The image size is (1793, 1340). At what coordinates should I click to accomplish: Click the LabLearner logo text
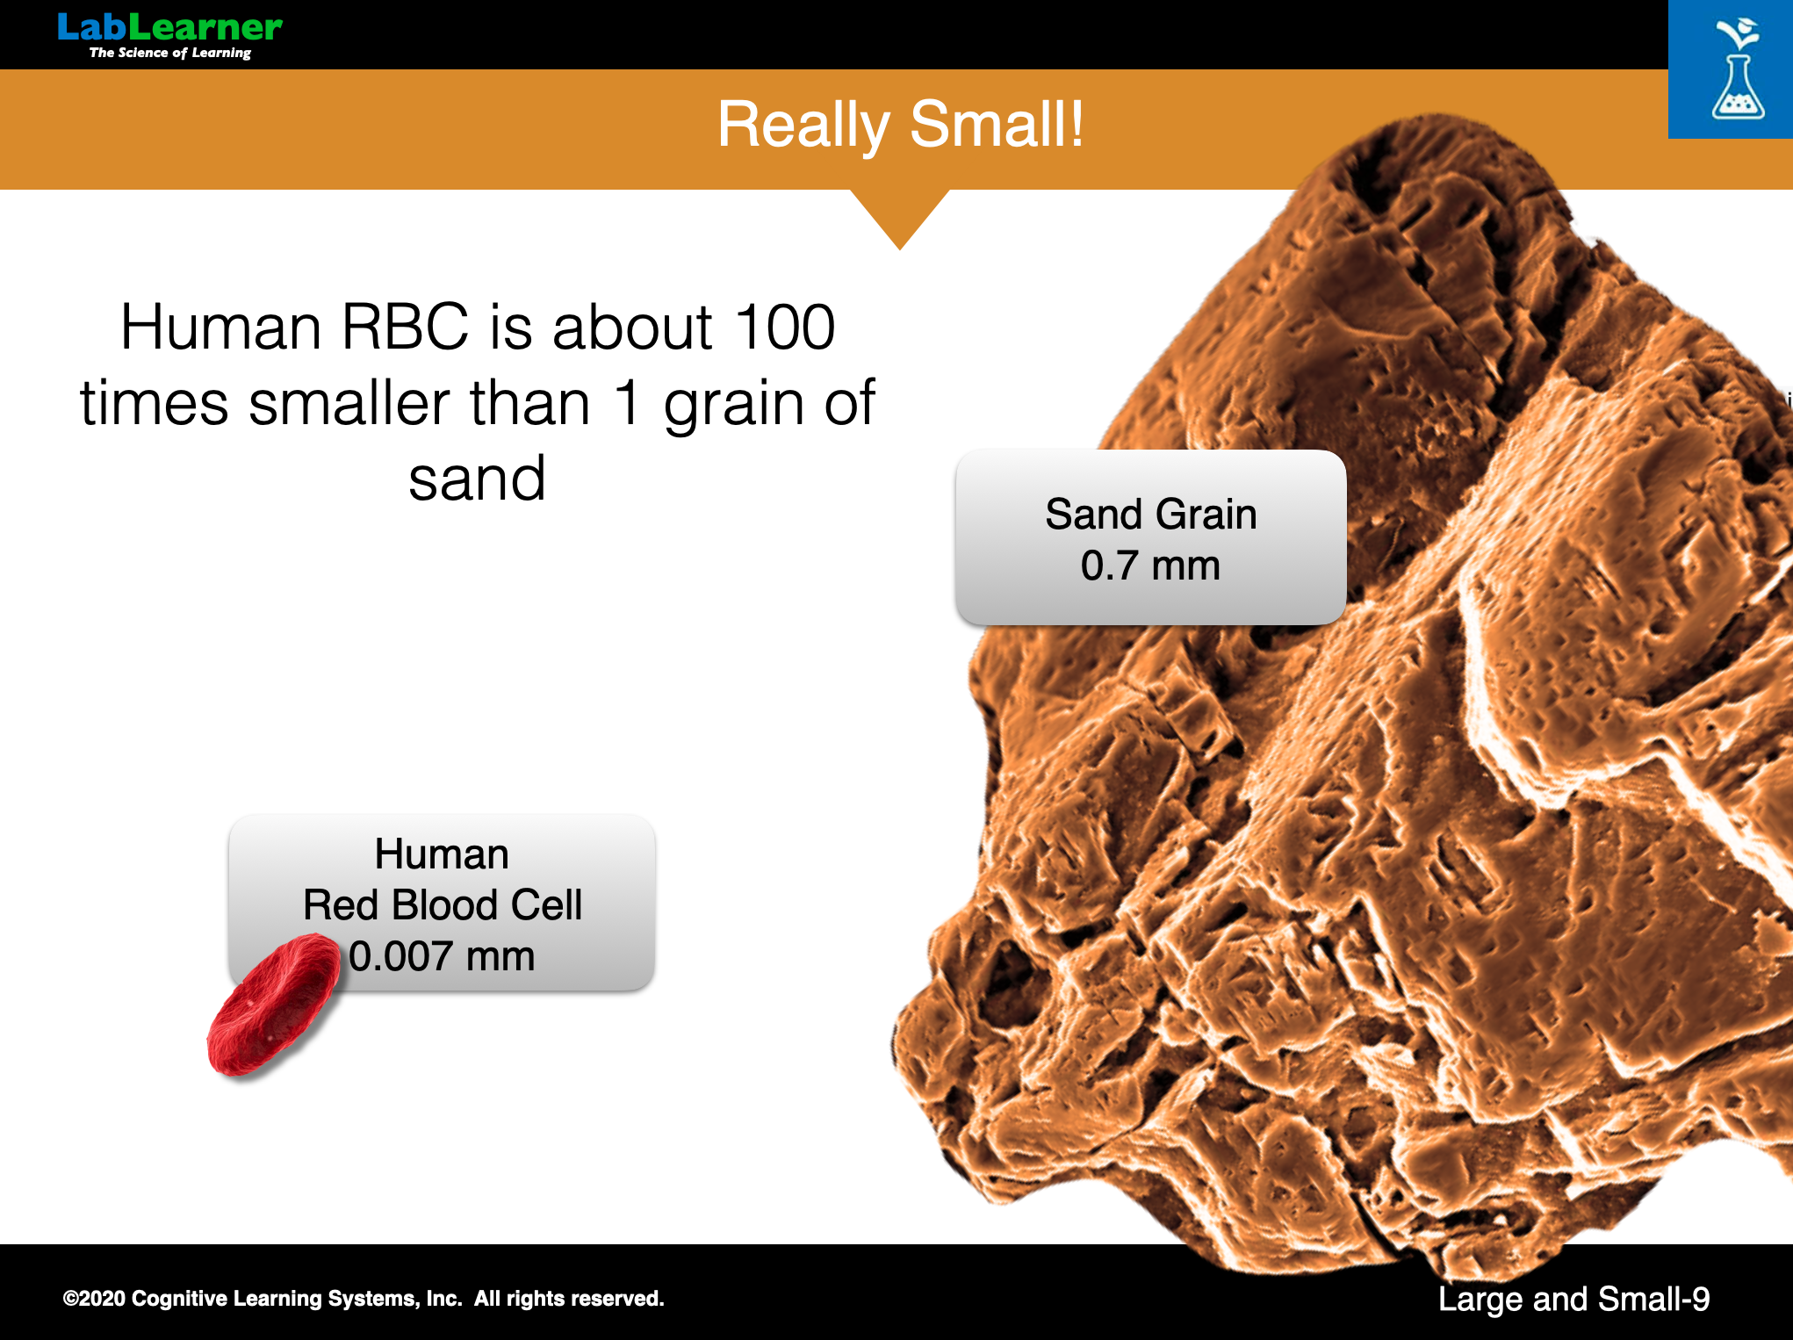pos(169,27)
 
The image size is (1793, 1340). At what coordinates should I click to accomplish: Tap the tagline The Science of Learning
pos(170,53)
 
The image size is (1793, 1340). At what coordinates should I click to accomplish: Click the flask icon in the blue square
pos(1738,70)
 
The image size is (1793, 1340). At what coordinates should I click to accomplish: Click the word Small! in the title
pos(997,124)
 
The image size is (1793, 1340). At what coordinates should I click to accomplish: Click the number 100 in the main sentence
pos(785,328)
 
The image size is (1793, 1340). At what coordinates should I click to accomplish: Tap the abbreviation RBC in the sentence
pos(405,328)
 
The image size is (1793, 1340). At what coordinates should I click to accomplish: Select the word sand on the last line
pos(477,479)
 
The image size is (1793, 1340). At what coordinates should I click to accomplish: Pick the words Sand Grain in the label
pos(1150,514)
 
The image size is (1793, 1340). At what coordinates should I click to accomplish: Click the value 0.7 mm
pos(1150,566)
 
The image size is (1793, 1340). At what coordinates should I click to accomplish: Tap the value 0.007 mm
pos(442,956)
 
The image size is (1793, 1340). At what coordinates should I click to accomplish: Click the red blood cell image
pos(274,1004)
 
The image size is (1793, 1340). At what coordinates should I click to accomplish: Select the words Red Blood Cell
pos(443,905)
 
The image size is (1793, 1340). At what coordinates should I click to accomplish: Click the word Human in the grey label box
pos(442,854)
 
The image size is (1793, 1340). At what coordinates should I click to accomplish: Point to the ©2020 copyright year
pos(94,1299)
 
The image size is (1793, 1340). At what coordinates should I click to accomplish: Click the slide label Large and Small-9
pos(1573,1300)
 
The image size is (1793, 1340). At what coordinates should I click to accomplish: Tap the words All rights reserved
pos(569,1299)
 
